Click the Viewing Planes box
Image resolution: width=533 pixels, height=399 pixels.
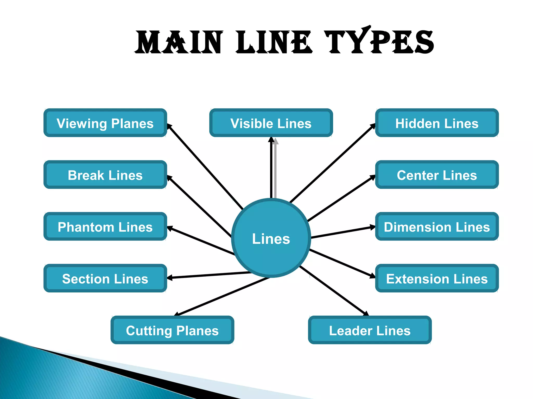click(x=105, y=123)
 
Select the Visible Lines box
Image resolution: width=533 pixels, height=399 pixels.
click(x=271, y=123)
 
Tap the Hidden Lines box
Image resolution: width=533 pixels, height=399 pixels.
click(x=437, y=123)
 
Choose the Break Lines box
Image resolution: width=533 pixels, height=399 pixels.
click(x=105, y=175)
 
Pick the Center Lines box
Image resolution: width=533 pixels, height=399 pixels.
click(x=437, y=175)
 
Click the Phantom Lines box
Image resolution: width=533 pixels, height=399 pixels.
click(x=105, y=227)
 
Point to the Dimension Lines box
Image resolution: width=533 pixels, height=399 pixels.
click(x=437, y=227)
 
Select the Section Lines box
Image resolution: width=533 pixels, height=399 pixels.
click(x=105, y=278)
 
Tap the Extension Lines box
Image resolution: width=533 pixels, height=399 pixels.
click(x=437, y=278)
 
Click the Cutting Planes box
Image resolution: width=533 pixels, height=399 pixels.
click(x=172, y=330)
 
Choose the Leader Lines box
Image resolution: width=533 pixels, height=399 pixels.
click(x=370, y=330)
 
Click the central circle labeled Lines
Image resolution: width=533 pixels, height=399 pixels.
click(x=271, y=238)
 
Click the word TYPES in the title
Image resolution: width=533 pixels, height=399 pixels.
click(x=379, y=42)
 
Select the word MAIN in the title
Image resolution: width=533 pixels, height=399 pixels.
click(x=179, y=42)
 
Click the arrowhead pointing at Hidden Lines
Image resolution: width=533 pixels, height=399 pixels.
click(x=373, y=126)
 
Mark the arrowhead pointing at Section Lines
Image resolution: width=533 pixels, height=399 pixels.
click(x=170, y=278)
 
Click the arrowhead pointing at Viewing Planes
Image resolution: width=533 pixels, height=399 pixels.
click(x=169, y=126)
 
